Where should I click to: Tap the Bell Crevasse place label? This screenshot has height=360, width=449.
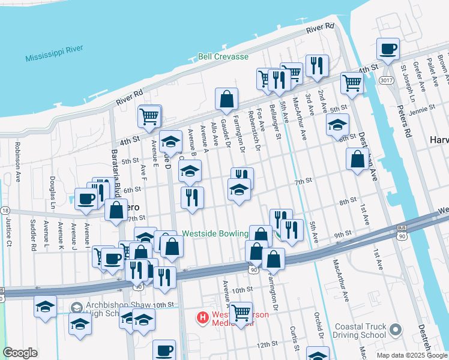pyautogui.click(x=223, y=57)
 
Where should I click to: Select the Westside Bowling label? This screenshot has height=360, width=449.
pyautogui.click(x=215, y=233)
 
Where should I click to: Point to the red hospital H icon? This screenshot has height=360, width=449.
pyautogui.click(x=203, y=316)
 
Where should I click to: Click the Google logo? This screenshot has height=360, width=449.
pyautogui.click(x=20, y=353)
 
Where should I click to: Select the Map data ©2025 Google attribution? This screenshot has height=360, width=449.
pyautogui.click(x=412, y=355)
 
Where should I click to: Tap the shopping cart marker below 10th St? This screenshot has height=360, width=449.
pyautogui.click(x=241, y=313)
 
